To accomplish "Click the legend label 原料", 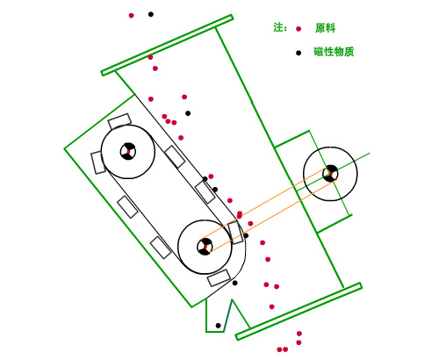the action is (325, 28).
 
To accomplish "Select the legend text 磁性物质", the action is (334, 52).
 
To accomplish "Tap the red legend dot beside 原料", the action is (299, 29).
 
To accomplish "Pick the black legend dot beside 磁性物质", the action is (299, 53).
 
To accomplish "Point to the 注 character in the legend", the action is (278, 27).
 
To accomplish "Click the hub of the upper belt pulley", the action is (128, 151).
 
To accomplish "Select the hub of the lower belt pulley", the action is (205, 247).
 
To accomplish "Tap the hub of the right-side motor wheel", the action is (330, 174).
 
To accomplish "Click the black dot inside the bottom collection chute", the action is (218, 326).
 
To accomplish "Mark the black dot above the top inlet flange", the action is (151, 14).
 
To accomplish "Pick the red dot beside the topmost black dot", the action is (132, 16).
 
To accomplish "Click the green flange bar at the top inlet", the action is (167, 45).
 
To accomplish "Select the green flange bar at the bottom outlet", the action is (299, 312).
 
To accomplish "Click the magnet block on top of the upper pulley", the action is (119, 121).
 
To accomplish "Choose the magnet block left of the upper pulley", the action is (97, 163).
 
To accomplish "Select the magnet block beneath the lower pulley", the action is (219, 278).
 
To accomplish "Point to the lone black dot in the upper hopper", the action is (188, 113).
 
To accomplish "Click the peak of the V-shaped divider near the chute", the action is (232, 299).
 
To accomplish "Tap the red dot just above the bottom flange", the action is (271, 306).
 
